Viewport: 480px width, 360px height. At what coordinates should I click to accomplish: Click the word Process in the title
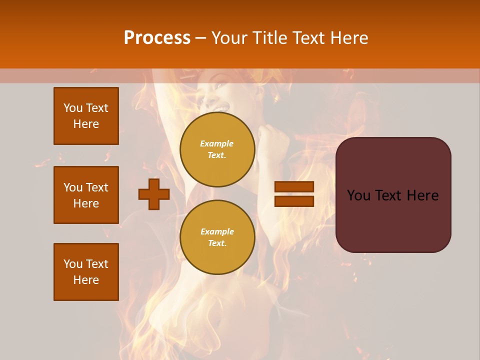coord(157,38)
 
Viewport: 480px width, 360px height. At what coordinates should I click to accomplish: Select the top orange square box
coord(86,116)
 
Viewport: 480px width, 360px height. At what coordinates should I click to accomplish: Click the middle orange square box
coord(86,195)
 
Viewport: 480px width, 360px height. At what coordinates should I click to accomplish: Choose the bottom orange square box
coord(86,272)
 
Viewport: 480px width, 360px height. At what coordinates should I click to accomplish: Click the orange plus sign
coord(154,194)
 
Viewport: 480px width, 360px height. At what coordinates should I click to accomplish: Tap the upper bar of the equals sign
coord(294,187)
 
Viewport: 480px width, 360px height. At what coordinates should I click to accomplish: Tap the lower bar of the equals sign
coord(294,201)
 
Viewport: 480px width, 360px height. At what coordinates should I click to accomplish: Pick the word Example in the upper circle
coord(216,143)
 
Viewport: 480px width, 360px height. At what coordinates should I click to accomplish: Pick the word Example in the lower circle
coord(217,231)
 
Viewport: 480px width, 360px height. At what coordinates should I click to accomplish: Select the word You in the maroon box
coord(358,195)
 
